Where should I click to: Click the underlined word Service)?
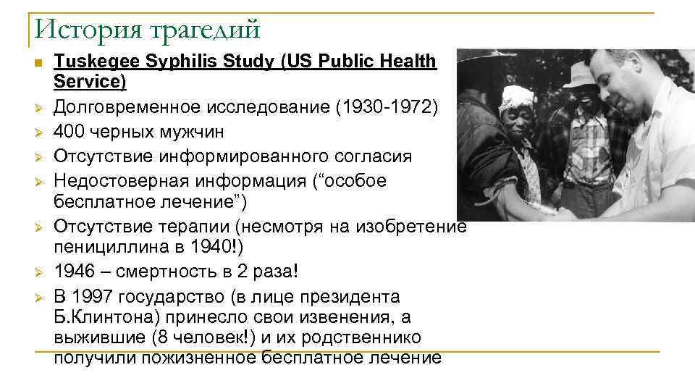pyautogui.click(x=90, y=82)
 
